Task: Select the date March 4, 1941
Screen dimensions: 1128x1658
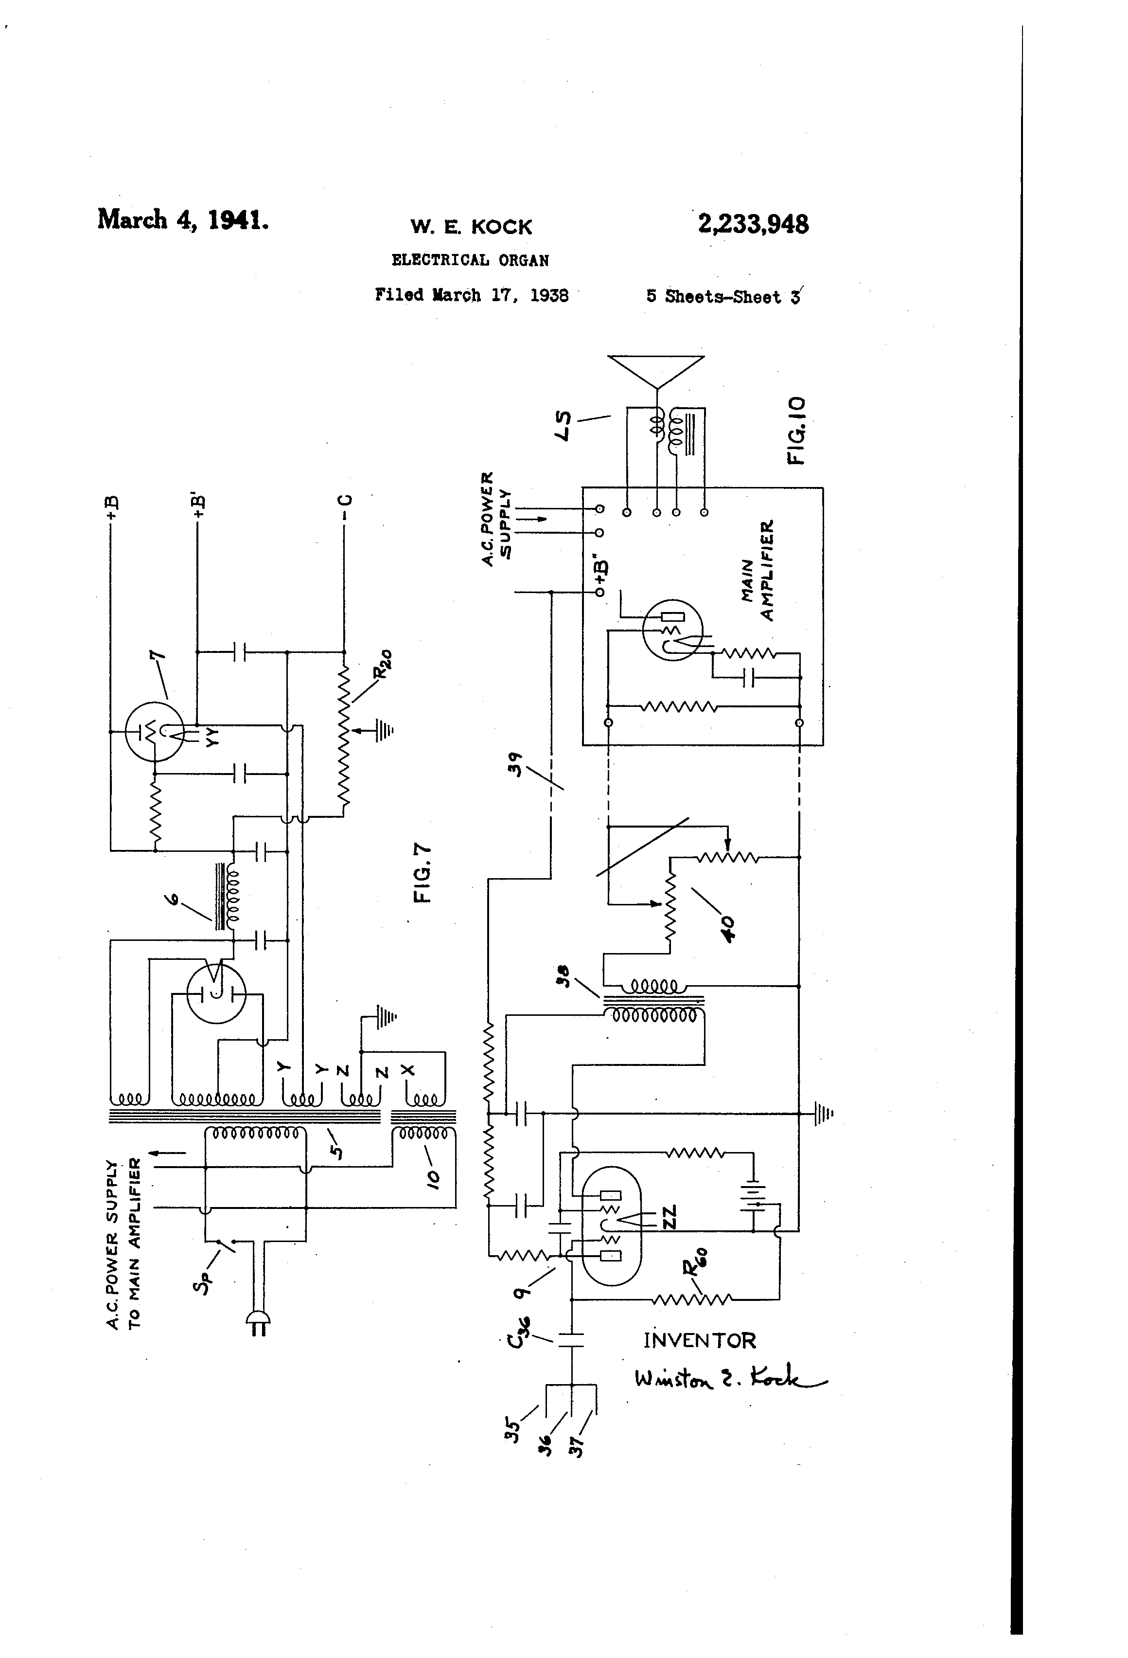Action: pos(183,219)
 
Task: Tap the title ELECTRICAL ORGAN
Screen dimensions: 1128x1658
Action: pos(470,260)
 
